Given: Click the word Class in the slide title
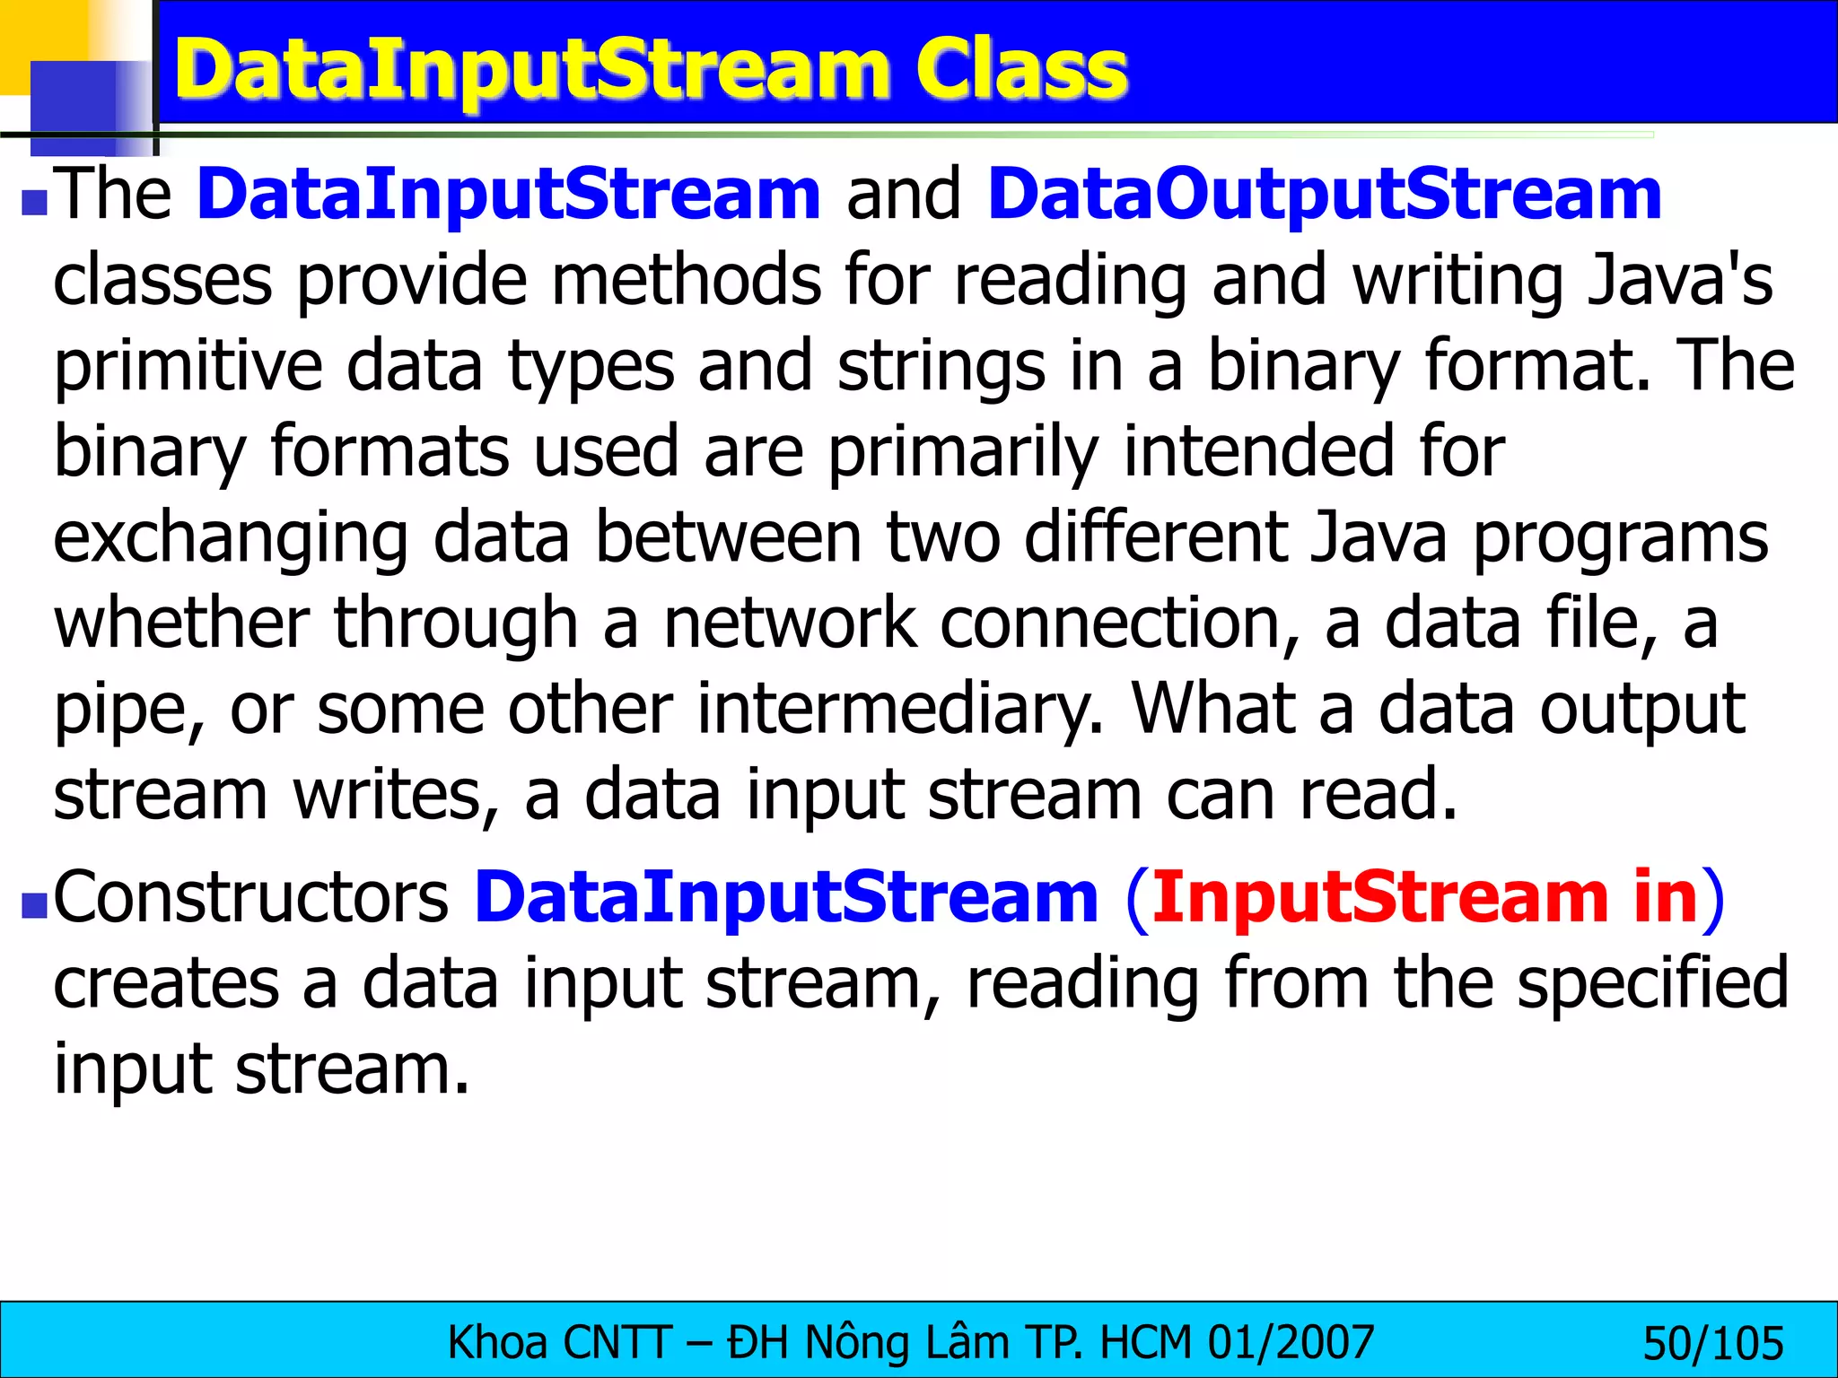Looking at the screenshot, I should point(1021,70).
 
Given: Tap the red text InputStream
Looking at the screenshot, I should point(1379,897).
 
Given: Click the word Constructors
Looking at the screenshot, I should point(251,897).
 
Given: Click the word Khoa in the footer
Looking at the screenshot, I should point(497,1343).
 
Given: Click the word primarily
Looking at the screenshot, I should point(963,452).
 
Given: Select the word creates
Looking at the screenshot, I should point(166,983).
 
